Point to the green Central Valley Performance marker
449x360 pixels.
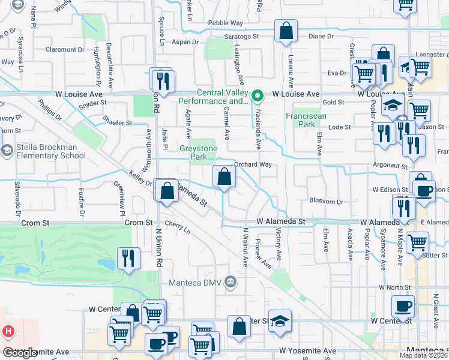click(258, 95)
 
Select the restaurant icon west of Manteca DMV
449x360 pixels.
click(129, 258)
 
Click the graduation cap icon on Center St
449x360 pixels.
click(280, 320)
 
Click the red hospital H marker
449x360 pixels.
click(8, 331)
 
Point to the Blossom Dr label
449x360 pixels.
click(326, 202)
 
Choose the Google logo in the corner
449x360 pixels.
click(20, 353)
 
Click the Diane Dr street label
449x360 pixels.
click(321, 36)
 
